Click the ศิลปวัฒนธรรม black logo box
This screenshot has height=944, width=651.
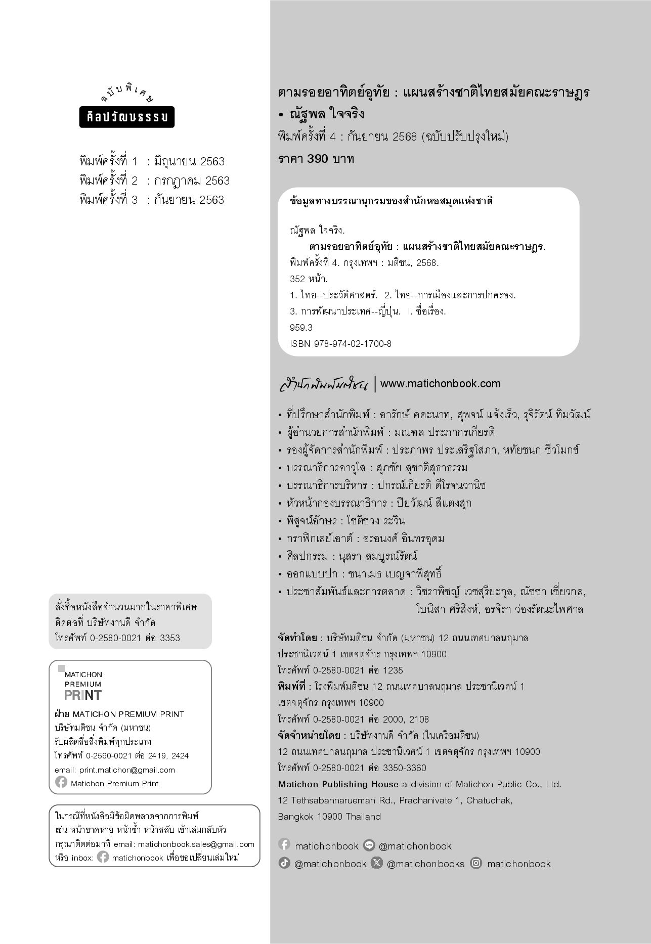tap(127, 117)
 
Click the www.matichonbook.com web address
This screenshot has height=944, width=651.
tap(440, 384)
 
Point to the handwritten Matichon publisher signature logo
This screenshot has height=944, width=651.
tap(324, 384)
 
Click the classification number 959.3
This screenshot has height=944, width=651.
tap(301, 328)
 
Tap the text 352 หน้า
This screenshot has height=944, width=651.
tap(309, 279)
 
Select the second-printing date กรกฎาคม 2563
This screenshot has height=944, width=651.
tap(192, 181)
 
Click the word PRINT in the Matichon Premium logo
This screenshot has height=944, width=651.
tap(83, 695)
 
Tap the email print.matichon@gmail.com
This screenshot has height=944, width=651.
tap(127, 770)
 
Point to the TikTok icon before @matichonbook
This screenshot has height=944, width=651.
tap(284, 863)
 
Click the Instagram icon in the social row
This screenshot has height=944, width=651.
tap(476, 863)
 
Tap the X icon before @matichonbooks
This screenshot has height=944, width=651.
tap(377, 863)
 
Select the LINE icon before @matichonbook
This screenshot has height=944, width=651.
tap(369, 845)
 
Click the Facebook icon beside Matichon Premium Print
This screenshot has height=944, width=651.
tap(61, 783)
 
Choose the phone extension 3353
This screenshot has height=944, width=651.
tap(170, 638)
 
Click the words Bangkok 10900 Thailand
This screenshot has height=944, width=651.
tap(329, 817)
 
